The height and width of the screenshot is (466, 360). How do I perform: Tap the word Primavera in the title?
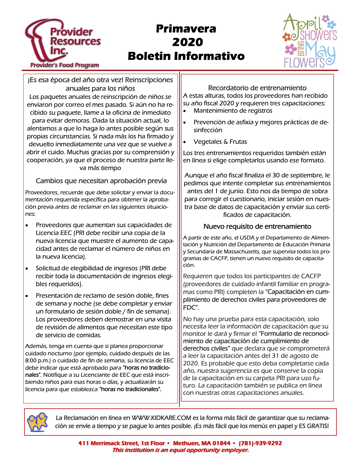[186, 29]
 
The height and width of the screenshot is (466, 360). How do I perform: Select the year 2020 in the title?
[187, 42]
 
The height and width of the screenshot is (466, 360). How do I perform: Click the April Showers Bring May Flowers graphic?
[310, 41]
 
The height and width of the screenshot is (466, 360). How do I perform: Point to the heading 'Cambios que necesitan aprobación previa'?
[101, 181]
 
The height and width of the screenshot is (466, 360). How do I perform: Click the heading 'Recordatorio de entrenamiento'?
[257, 88]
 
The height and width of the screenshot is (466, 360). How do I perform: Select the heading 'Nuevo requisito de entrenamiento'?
[257, 227]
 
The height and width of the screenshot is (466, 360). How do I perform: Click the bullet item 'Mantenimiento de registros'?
[233, 111]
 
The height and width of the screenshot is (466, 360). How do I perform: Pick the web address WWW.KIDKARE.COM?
[161, 418]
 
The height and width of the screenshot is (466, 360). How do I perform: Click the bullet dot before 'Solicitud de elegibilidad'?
[27, 269]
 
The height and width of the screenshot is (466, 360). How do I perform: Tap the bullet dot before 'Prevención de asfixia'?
[185, 123]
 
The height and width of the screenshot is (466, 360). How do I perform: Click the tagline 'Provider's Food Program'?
[65, 65]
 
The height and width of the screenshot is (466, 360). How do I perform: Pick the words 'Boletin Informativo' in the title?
[186, 56]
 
